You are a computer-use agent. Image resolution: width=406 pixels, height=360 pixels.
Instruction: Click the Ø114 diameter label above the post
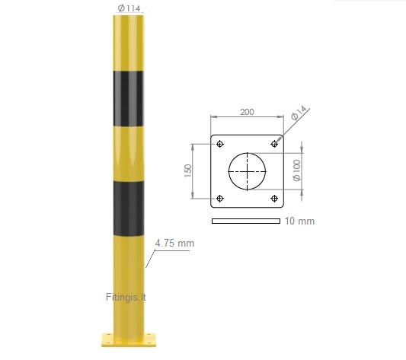129,8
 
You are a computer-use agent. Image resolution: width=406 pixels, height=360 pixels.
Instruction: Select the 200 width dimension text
247,112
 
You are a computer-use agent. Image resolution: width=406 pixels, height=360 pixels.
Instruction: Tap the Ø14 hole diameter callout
299,113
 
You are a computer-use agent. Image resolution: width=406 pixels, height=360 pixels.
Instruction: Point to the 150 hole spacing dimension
188,170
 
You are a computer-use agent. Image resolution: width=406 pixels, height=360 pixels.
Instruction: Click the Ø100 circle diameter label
297,170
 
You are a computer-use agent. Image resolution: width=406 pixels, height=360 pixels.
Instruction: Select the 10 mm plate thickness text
299,221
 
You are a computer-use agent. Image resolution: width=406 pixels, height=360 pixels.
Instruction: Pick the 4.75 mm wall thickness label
174,244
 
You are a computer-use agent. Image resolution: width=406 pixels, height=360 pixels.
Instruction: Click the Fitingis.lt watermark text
126,297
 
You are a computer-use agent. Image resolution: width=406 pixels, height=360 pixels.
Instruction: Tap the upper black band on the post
128,99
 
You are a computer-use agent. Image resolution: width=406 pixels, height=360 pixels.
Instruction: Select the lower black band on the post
129,209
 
